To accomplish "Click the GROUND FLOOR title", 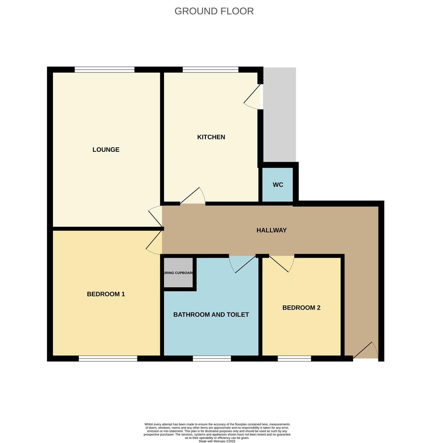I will [x=214, y=11].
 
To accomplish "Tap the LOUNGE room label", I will [x=106, y=150].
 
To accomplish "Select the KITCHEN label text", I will [x=211, y=137].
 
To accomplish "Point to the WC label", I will [x=278, y=185].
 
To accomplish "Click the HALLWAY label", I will [x=271, y=231].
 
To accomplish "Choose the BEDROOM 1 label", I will [x=106, y=294].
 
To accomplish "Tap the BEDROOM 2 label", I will [x=301, y=308].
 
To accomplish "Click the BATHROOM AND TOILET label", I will [x=211, y=315].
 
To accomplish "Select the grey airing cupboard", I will [x=178, y=273].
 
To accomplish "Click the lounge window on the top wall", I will [x=105, y=70].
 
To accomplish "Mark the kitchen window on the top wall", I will [x=210, y=70].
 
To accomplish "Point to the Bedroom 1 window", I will [x=108, y=359].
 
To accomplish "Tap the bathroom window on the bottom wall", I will [x=212, y=359].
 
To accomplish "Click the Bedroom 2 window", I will [x=294, y=359].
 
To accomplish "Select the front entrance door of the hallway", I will [x=365, y=351].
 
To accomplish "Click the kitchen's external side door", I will [x=254, y=97].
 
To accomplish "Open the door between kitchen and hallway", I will [x=192, y=196].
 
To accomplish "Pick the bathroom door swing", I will [x=242, y=264].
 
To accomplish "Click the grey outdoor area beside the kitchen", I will [x=280, y=115].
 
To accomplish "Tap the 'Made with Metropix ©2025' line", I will [x=217, y=441].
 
